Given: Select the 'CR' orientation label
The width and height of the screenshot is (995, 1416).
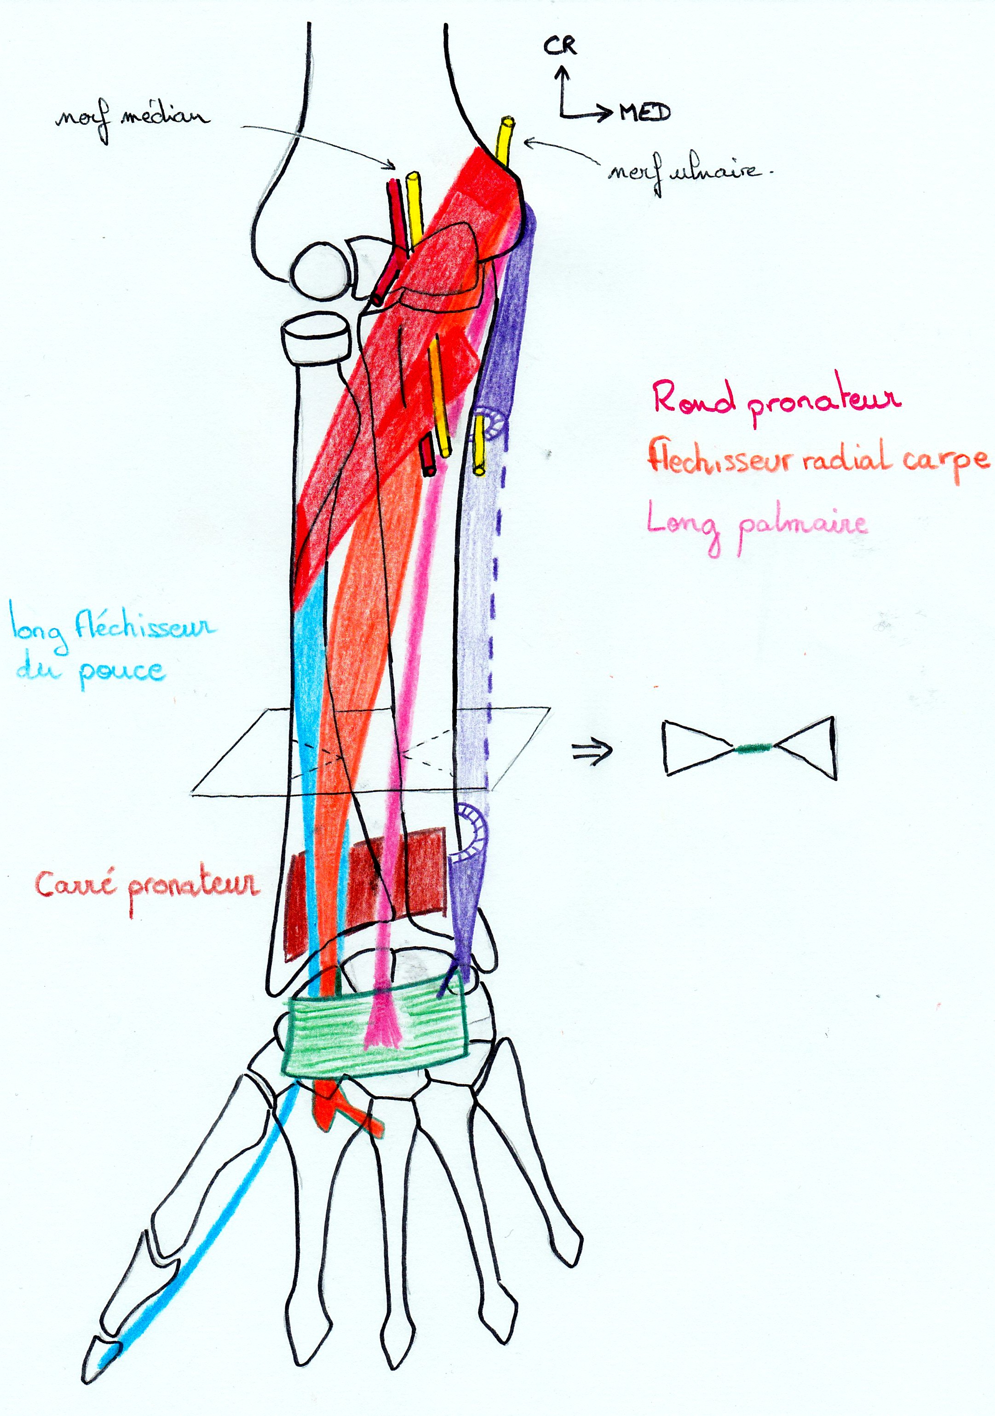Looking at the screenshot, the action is (x=560, y=45).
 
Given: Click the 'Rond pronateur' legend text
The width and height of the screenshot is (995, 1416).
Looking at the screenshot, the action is (x=776, y=399).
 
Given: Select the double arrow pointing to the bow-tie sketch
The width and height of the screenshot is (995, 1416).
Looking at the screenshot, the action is (x=592, y=751).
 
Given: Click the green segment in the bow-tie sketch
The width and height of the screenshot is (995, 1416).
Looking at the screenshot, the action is (x=753, y=748).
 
